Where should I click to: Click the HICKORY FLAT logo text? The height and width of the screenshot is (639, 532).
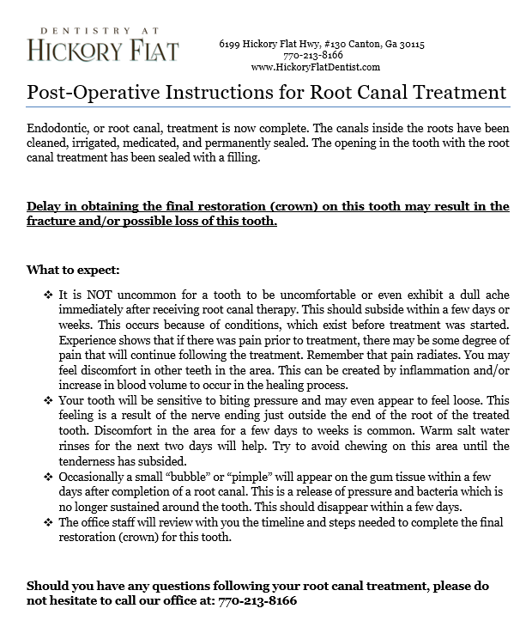point(103,49)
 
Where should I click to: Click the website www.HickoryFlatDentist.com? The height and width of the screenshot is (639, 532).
point(316,67)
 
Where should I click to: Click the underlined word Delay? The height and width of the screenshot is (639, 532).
point(45,207)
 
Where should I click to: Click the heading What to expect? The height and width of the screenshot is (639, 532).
point(73,271)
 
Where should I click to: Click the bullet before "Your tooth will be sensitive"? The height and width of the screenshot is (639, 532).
point(48,400)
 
